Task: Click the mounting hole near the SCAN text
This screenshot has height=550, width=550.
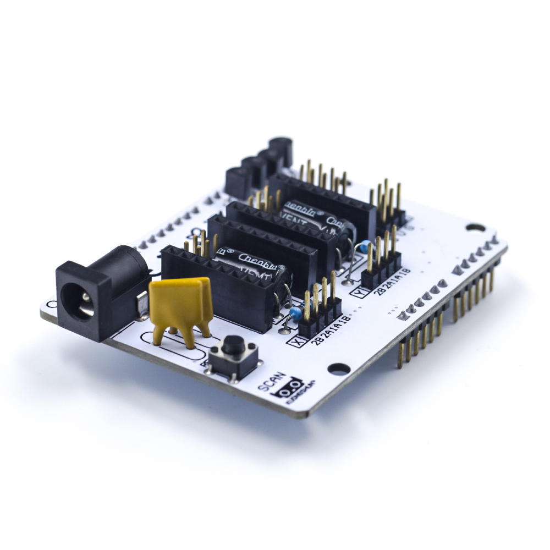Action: click(340, 369)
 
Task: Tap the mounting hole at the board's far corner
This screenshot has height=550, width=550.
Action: click(475, 227)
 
